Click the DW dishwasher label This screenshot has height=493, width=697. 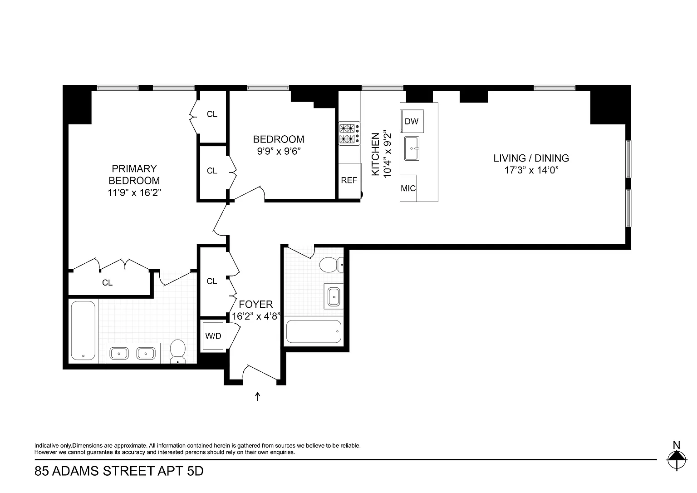(412, 121)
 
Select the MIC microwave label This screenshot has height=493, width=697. (408, 188)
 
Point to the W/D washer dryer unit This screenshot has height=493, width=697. (213, 336)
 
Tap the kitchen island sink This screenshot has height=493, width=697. (412, 148)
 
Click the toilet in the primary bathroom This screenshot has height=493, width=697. (178, 351)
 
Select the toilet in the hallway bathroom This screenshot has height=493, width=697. (331, 265)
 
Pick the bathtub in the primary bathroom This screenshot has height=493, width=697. (83, 330)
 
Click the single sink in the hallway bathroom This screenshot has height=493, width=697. (334, 296)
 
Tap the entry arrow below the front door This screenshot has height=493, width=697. (257, 396)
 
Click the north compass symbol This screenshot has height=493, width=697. (677, 459)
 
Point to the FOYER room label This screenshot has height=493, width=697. (256, 304)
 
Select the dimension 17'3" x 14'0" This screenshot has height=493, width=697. (531, 170)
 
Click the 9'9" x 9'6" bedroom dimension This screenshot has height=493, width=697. (279, 151)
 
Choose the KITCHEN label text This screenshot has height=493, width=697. (376, 154)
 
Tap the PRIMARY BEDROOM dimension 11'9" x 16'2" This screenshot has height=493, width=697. (134, 192)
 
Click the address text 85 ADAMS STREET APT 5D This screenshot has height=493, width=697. (119, 471)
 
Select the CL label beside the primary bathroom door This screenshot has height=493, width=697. (108, 283)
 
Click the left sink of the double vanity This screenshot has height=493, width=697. (119, 354)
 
